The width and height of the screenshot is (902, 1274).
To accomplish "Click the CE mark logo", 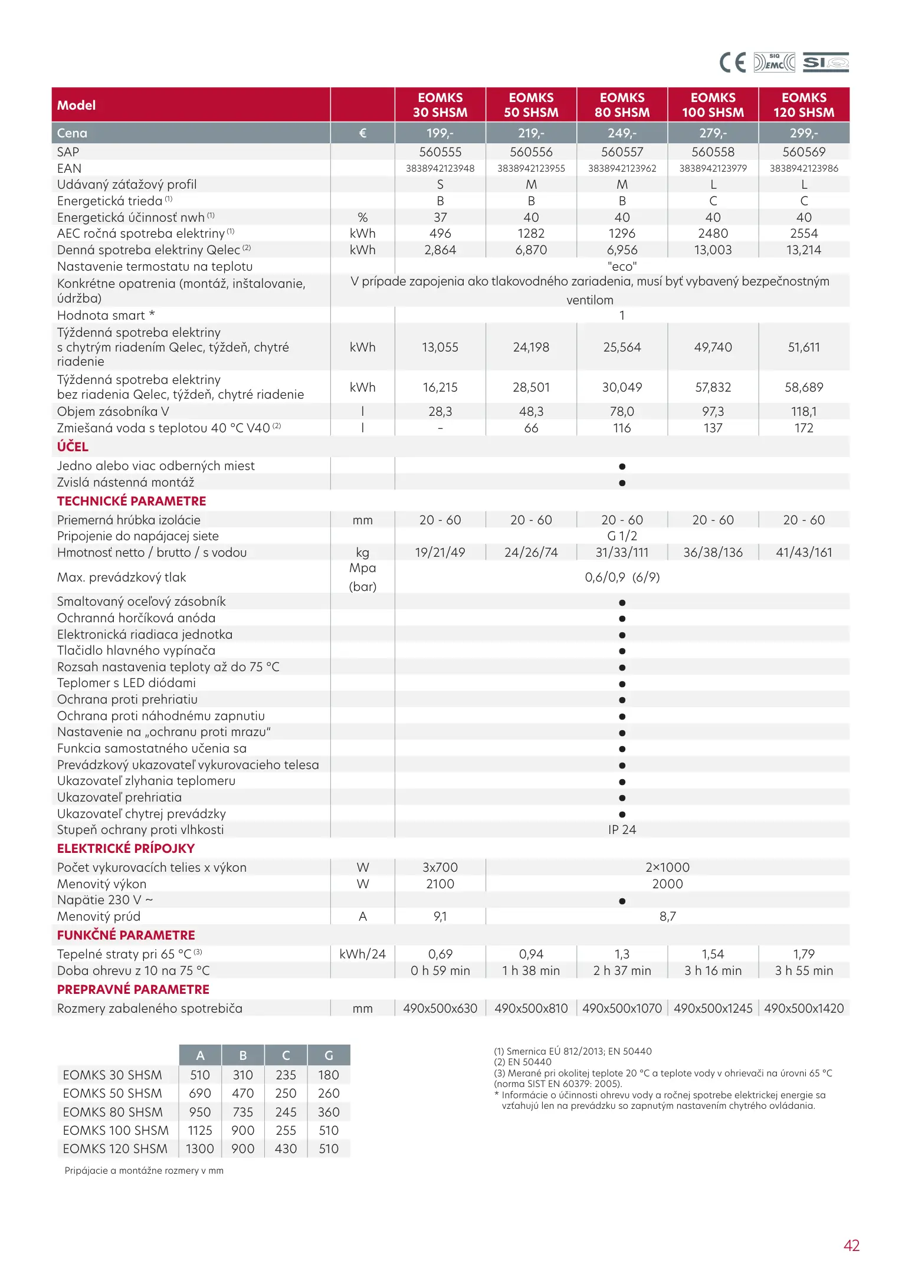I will click(x=732, y=63).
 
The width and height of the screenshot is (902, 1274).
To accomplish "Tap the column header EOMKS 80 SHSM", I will click(x=622, y=105).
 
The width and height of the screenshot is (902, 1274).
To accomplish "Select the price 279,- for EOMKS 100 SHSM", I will click(x=713, y=133).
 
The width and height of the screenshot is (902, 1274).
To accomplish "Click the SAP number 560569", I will click(x=803, y=152).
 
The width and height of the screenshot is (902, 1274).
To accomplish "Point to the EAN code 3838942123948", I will click(x=440, y=169).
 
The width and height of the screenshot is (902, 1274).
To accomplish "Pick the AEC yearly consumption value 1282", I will click(x=531, y=234).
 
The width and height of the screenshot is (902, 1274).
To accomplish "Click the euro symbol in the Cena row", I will click(x=362, y=133).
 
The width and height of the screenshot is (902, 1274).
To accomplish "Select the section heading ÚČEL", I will click(x=73, y=447).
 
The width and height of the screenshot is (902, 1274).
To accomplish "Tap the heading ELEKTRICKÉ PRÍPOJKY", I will click(x=126, y=849).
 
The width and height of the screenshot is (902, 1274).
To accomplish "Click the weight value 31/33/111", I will click(x=622, y=553).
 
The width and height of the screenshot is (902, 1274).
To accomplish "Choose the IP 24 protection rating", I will click(x=622, y=830).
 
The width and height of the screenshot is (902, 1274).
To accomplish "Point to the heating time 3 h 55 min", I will click(x=803, y=971).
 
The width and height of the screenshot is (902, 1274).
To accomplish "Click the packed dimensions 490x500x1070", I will click(x=622, y=1009).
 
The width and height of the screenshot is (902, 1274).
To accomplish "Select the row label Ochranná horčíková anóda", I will click(x=136, y=618).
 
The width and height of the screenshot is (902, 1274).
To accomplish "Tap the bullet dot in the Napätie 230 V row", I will click(x=622, y=901).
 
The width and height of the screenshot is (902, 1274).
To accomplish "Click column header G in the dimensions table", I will click(x=329, y=1056).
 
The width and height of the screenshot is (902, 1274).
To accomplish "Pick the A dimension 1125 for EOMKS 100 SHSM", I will click(x=200, y=1131).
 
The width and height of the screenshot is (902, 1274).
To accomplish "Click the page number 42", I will click(x=851, y=1246).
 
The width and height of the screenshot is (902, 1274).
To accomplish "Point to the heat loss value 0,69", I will click(x=440, y=954).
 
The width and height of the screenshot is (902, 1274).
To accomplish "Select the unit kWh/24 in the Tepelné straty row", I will click(x=362, y=954).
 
